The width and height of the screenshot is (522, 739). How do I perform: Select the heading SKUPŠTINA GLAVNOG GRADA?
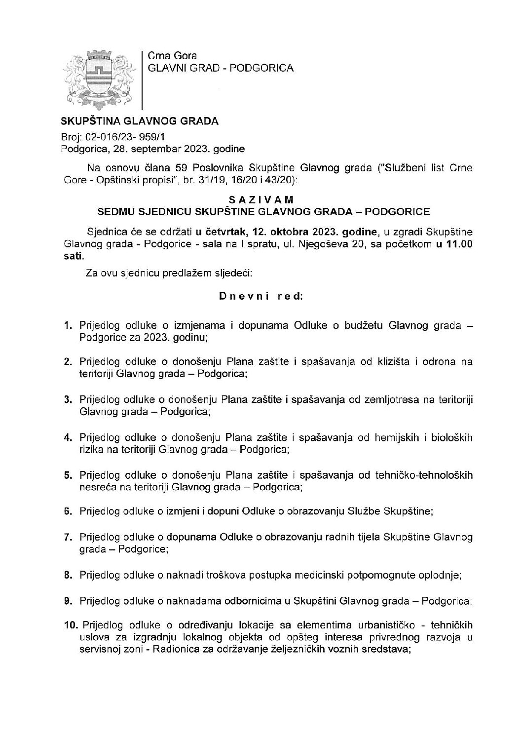pyautogui.click(x=139, y=121)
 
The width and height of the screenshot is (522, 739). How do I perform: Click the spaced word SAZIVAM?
pyautogui.click(x=261, y=200)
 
